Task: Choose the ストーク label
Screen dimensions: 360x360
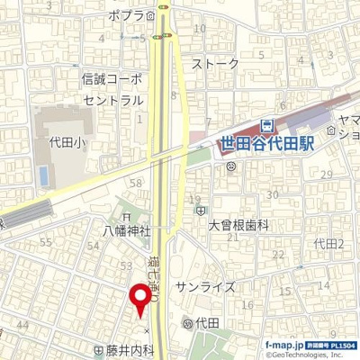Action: pyautogui.click(x=217, y=64)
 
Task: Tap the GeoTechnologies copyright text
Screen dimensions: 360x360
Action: pyautogui.click(x=306, y=355)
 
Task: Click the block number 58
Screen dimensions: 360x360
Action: pyautogui.click(x=137, y=183)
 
